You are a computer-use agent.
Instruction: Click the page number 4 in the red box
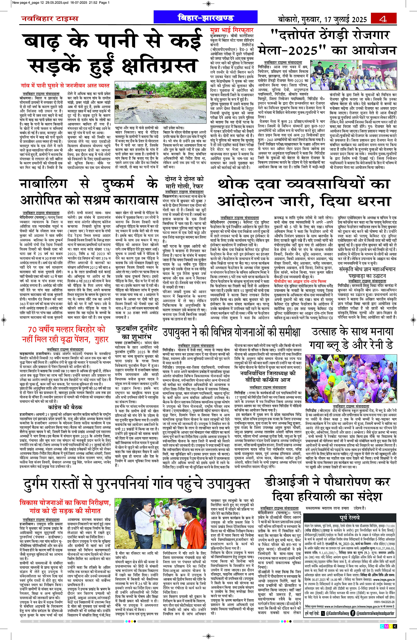click(383, 19)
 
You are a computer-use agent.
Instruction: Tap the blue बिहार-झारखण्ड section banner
click(206, 18)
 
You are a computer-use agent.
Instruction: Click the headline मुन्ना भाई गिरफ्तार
click(232, 30)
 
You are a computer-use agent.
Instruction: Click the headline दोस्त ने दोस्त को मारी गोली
click(184, 183)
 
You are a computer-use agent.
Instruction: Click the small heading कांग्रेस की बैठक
click(65, 407)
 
